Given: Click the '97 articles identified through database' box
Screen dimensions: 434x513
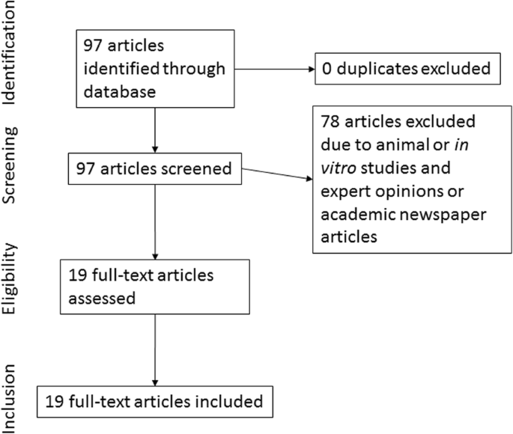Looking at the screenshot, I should click(154, 70).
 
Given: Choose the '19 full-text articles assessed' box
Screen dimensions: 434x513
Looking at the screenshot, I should click(154, 286).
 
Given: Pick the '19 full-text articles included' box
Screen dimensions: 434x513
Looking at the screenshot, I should click(154, 401).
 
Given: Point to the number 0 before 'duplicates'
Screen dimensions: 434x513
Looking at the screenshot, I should click(327, 70).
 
